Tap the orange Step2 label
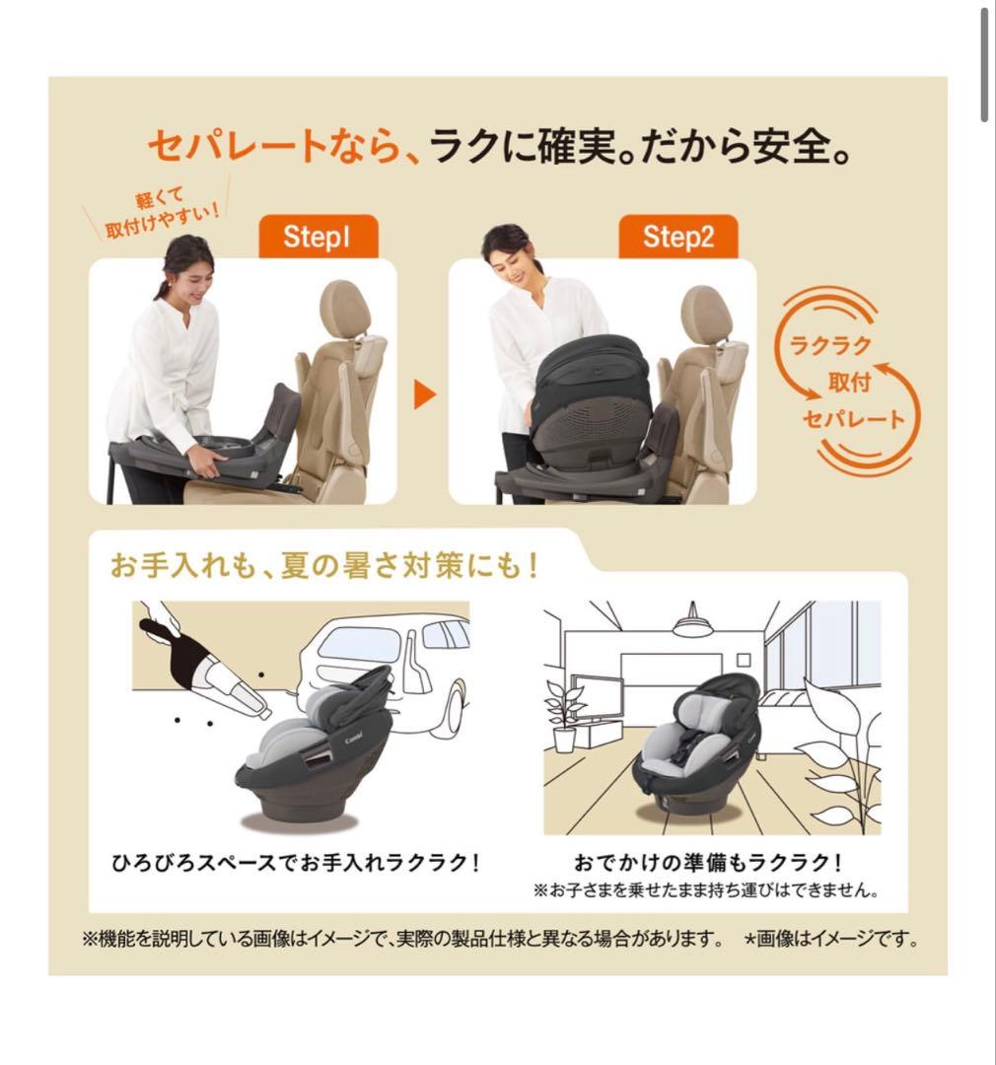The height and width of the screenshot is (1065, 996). click(x=677, y=237)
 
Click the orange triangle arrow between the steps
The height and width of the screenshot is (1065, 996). click(x=424, y=395)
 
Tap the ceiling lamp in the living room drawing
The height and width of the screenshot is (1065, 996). click(x=692, y=624)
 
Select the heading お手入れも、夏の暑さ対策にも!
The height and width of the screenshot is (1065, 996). click(x=325, y=568)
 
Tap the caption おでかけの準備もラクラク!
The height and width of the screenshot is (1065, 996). click(x=708, y=861)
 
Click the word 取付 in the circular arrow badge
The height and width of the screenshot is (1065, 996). click(x=848, y=383)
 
